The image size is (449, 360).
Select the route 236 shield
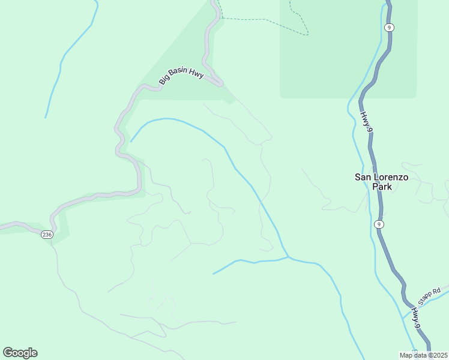tap(47, 235)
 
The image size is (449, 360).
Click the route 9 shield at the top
tap(390, 28)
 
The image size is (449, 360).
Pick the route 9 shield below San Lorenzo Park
tap(378, 224)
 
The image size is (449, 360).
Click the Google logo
tap(20, 353)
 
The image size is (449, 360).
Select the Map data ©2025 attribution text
tap(423, 355)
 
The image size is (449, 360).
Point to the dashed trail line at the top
tap(264, 20)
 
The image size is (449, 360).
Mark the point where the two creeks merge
tap(289, 258)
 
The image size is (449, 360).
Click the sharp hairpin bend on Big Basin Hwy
tap(220, 83)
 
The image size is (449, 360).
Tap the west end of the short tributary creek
tap(214, 274)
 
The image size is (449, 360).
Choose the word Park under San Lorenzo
tap(382, 187)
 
